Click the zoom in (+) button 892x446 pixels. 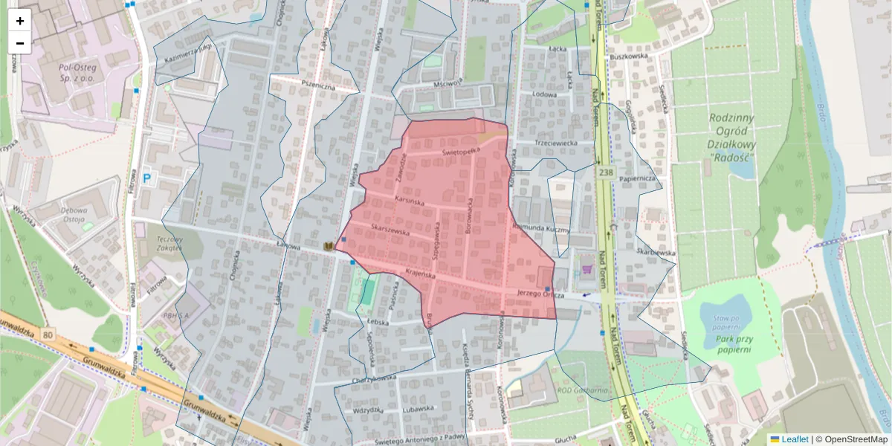[x=20, y=20]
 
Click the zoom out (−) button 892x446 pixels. [x=20, y=43]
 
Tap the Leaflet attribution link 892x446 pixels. [x=794, y=439]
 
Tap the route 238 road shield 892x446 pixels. [x=606, y=172]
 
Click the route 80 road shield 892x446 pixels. [x=48, y=335]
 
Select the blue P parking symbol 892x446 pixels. [x=146, y=178]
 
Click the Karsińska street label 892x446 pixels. [x=409, y=201]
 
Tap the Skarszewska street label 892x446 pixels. [x=390, y=231]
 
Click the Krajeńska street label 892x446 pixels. [x=420, y=274]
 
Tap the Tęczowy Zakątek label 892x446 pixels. [x=169, y=244]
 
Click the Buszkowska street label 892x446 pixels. [x=629, y=56]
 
